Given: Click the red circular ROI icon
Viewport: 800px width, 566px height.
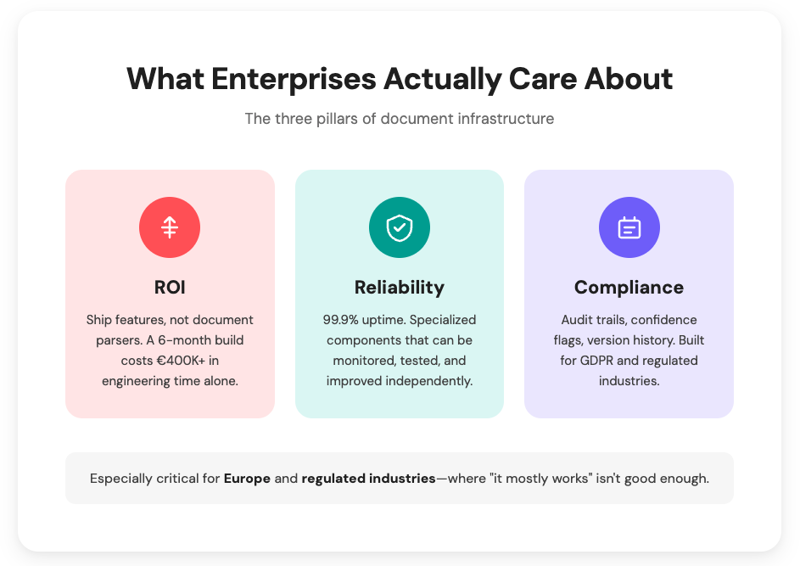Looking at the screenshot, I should coord(170,227).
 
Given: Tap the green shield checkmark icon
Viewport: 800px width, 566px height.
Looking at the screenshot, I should coord(400,227).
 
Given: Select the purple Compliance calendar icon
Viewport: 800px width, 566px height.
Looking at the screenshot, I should coord(629,227).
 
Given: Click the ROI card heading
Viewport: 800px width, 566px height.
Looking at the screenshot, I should coord(170,288).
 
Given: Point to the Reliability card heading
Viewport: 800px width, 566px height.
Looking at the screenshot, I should coord(400,288).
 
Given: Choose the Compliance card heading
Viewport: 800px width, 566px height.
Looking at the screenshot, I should coord(629,288).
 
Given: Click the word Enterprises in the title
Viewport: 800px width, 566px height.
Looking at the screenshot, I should coord(294,79).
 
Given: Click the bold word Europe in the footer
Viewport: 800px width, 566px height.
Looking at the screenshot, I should coord(247,479).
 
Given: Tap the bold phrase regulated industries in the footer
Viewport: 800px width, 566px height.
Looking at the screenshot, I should coord(368,479).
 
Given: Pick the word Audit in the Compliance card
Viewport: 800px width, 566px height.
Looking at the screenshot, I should coord(577,320).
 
